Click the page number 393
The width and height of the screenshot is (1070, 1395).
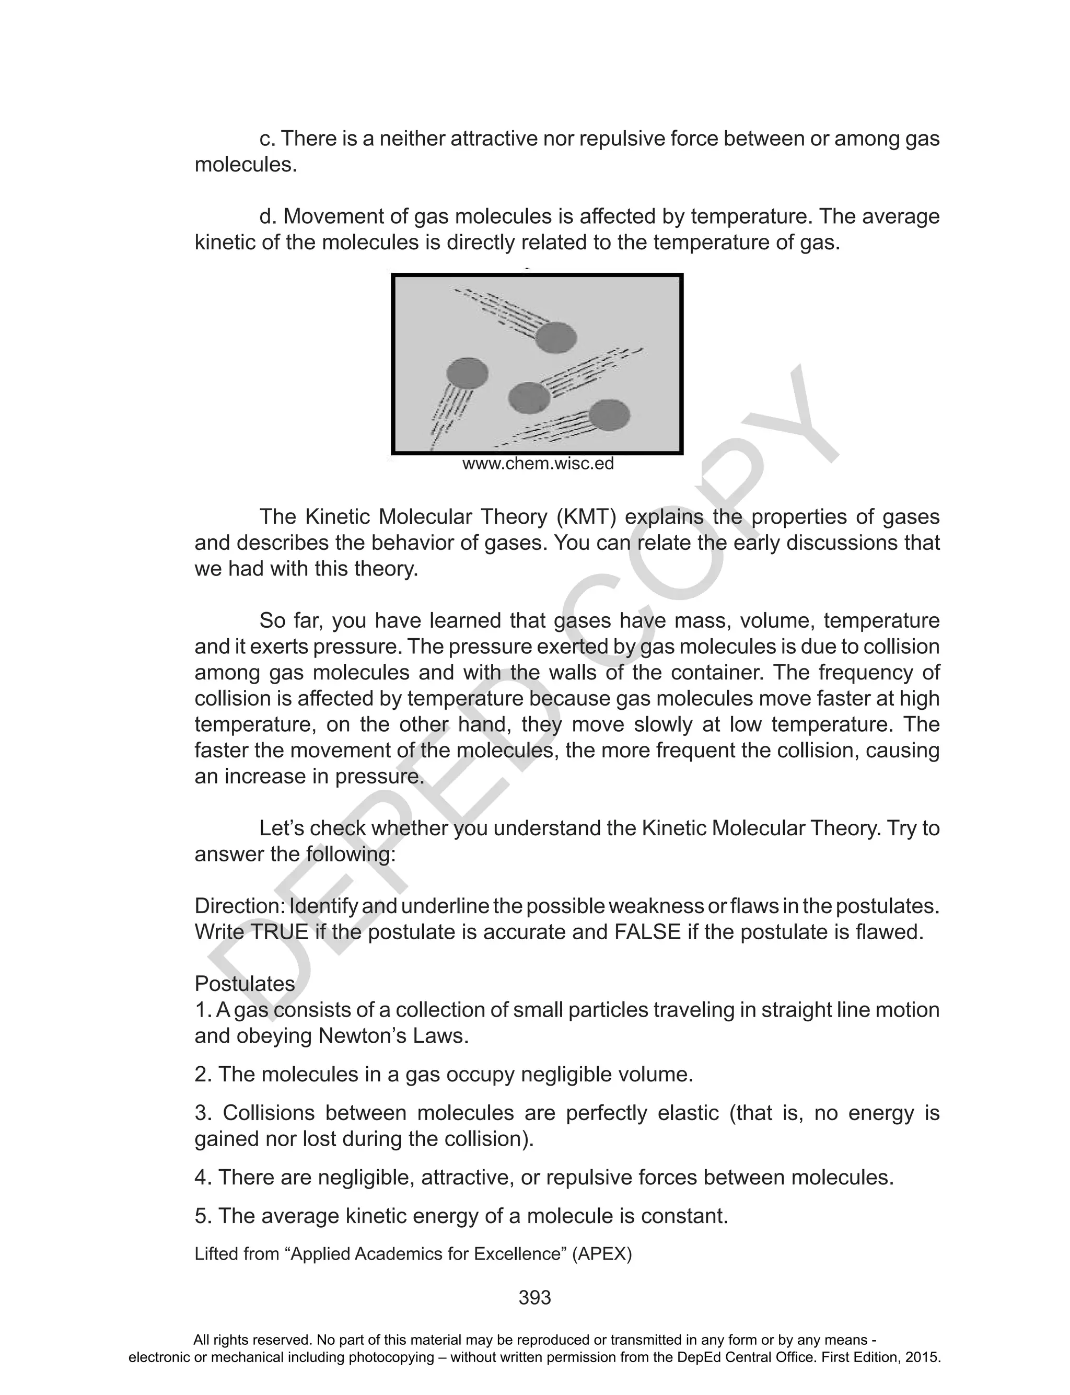534,1298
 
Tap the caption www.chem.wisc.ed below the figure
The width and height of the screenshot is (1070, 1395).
538,464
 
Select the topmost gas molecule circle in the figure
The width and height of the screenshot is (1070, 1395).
555,337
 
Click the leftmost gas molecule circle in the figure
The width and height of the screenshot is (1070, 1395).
468,373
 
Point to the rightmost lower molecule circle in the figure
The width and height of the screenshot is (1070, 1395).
609,416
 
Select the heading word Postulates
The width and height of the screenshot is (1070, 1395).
245,984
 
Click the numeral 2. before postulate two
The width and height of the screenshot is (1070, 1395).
203,1075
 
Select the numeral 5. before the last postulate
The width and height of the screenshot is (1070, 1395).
203,1216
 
